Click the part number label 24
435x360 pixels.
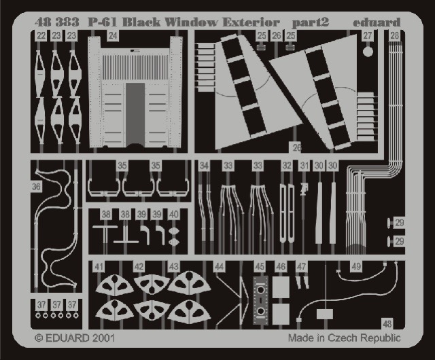click(x=113, y=36)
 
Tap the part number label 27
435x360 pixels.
click(x=367, y=36)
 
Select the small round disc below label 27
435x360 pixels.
click(x=368, y=52)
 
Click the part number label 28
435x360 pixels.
click(x=394, y=36)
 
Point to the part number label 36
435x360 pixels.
click(x=36, y=186)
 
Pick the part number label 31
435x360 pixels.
click(x=304, y=166)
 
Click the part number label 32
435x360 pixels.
click(x=287, y=166)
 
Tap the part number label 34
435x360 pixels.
click(x=204, y=166)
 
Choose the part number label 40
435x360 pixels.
click(x=174, y=215)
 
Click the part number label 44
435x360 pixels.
click(x=219, y=267)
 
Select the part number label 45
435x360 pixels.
click(x=260, y=267)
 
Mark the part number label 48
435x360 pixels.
click(x=387, y=324)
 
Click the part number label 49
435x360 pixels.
click(x=356, y=267)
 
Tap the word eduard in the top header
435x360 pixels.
click(x=377, y=22)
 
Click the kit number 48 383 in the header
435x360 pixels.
click(x=57, y=22)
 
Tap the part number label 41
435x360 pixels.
click(x=99, y=267)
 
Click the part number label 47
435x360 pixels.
click(x=301, y=267)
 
